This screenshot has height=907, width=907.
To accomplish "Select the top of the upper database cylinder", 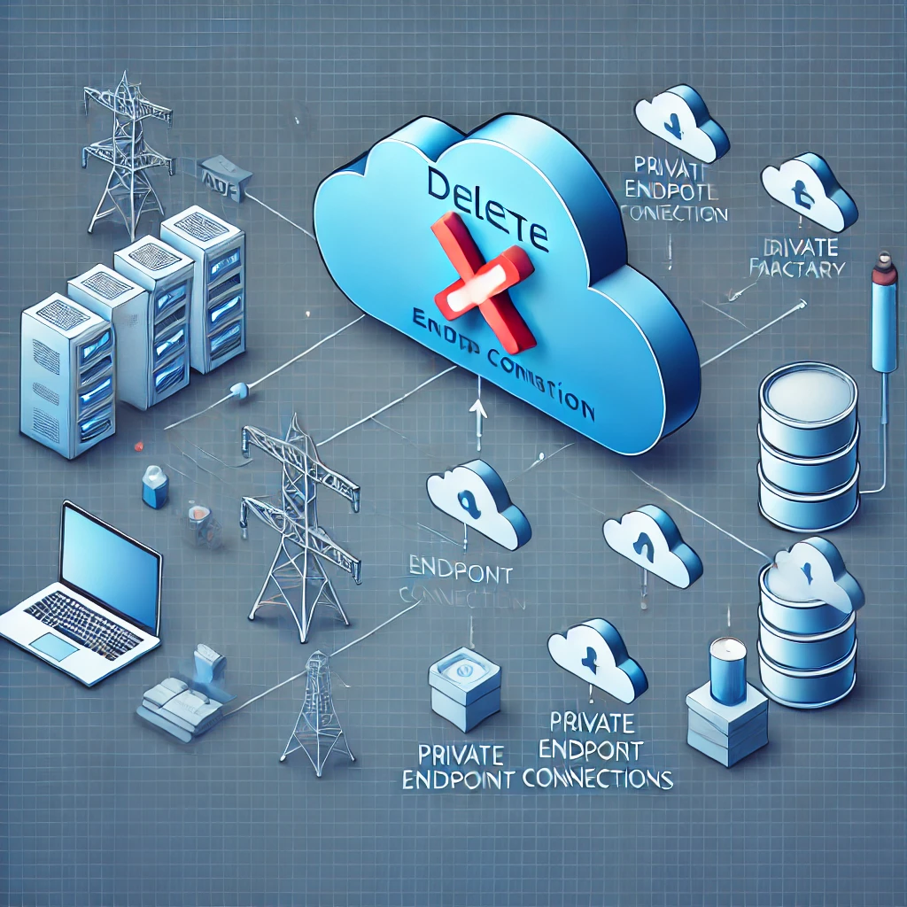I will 809,391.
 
